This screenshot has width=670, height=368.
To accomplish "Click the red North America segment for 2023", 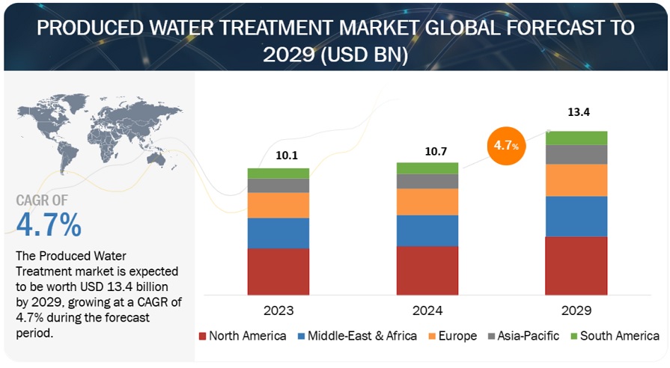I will [278, 271].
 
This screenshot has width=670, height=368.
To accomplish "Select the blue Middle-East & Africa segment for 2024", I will [427, 230].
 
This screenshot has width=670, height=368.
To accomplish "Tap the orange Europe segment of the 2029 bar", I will [576, 180].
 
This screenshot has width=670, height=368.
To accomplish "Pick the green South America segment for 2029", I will [576, 138].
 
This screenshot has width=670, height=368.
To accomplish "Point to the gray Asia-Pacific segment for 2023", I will [278, 185].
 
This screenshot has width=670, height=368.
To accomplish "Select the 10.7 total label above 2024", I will [427, 150].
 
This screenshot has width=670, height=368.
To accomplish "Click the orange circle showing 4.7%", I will [505, 145].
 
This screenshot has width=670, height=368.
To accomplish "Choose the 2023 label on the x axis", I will [278, 310].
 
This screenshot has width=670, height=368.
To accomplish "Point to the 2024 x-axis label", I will [427, 310].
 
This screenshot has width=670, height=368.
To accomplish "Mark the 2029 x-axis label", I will [576, 310].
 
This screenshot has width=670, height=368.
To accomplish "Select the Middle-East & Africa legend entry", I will [357, 336].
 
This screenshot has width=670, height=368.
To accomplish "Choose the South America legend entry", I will [613, 336].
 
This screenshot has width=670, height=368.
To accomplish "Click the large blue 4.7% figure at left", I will [49, 224].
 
